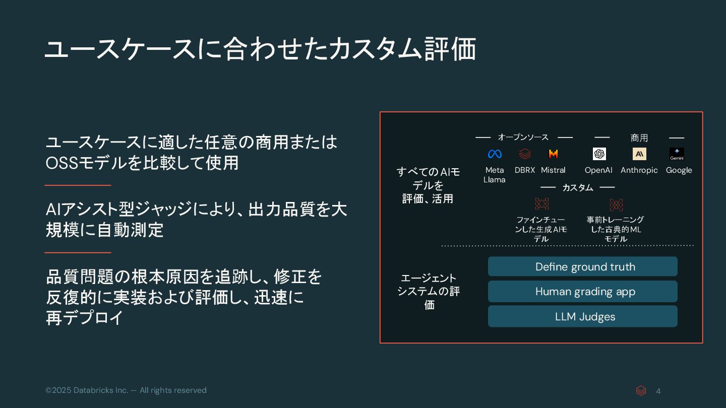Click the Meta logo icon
click(495, 154)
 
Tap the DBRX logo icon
click(525, 154)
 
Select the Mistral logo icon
click(553, 154)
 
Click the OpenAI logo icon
click(599, 154)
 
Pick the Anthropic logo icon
click(639, 154)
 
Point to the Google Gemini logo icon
click(677, 154)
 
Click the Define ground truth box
click(582, 266)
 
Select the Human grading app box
click(582, 292)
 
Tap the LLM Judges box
click(582, 316)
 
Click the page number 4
click(658, 391)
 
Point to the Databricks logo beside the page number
click(641, 391)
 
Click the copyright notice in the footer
click(126, 390)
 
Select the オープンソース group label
click(523, 137)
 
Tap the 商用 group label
click(639, 138)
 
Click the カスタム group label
click(578, 187)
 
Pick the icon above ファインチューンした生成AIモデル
click(541, 204)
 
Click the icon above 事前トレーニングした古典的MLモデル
click(616, 205)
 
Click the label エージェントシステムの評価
click(429, 291)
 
